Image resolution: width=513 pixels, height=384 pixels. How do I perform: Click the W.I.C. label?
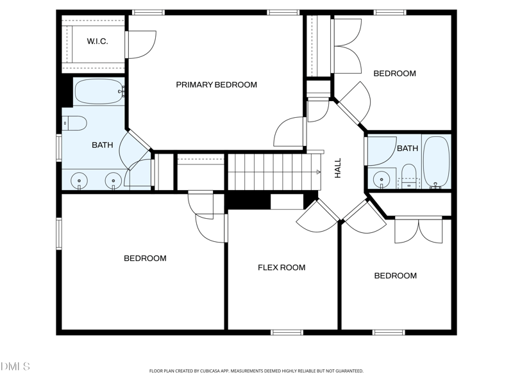(97, 41)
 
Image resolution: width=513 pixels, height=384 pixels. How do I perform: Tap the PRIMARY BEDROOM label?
(217, 85)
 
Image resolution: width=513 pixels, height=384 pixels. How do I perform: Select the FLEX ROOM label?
(282, 268)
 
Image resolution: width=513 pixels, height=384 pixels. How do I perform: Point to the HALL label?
(338, 168)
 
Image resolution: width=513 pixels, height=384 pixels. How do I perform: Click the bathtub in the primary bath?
(99, 92)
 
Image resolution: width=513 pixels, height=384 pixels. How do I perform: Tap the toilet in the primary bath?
(74, 123)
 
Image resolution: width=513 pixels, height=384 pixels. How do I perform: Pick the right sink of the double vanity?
(114, 180)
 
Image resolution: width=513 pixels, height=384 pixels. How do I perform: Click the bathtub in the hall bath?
(437, 163)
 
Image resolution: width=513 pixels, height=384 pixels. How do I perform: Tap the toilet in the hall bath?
(408, 177)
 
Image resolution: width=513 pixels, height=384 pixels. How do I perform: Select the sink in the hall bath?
(382, 179)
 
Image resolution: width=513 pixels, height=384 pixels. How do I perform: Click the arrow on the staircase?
(318, 172)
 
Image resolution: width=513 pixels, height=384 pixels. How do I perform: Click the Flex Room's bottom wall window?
(287, 332)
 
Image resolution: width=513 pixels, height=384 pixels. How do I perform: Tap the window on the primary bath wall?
(59, 148)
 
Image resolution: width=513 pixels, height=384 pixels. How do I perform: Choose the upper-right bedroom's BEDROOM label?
(395, 74)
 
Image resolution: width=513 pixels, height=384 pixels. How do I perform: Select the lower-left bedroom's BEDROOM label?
(145, 259)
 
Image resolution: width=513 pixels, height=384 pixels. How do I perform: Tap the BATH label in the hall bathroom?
(407, 148)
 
